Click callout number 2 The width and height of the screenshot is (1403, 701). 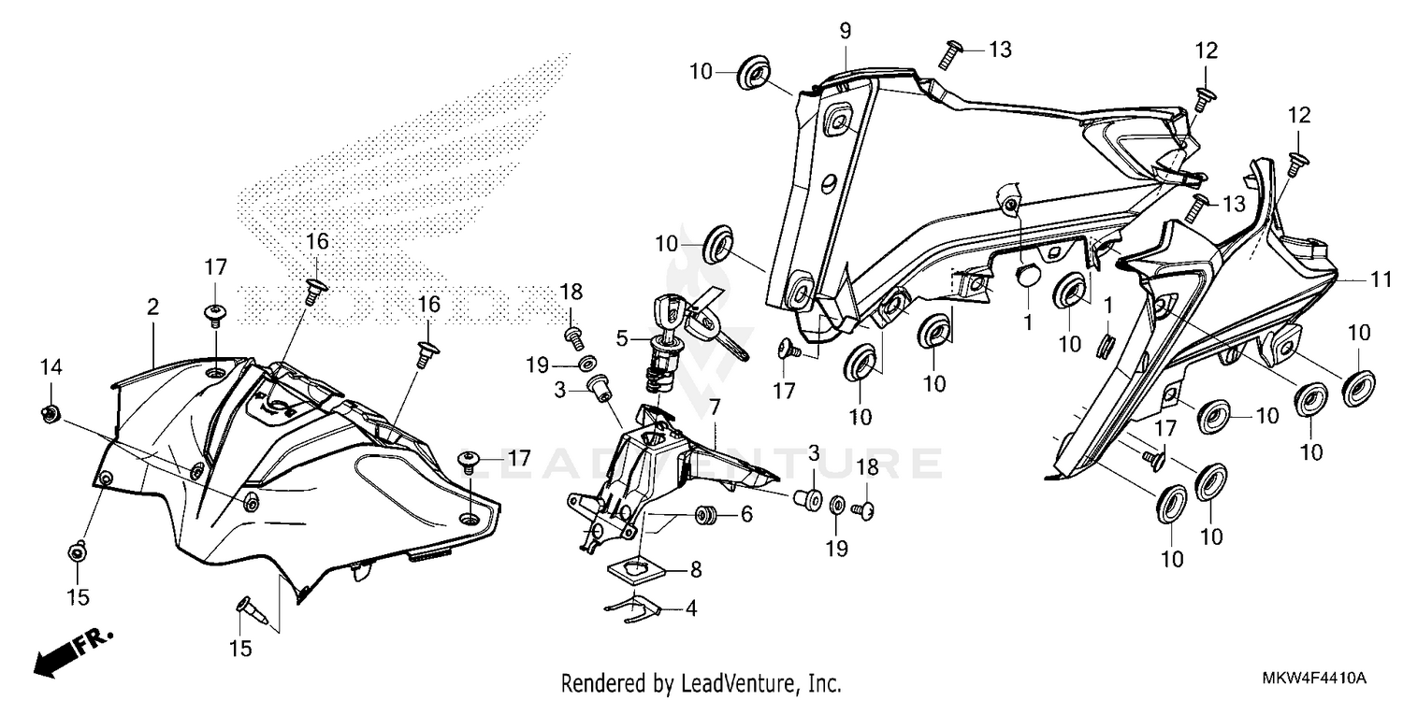point(152,308)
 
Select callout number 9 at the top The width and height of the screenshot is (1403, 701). point(846,31)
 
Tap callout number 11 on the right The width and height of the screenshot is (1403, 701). point(1381,279)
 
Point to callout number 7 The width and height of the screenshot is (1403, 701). point(715,408)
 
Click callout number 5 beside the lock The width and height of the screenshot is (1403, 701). point(621,338)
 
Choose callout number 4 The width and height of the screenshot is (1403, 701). point(691,608)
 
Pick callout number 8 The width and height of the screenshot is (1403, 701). point(696,569)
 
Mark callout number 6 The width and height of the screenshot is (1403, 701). point(746,514)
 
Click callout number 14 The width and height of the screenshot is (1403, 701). point(51,366)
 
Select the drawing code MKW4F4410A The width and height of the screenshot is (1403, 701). point(1313,679)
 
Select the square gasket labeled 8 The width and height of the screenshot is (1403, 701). point(637,572)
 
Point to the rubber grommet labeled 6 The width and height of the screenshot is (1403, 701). point(705,515)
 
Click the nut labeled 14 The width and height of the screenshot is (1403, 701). point(51,413)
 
